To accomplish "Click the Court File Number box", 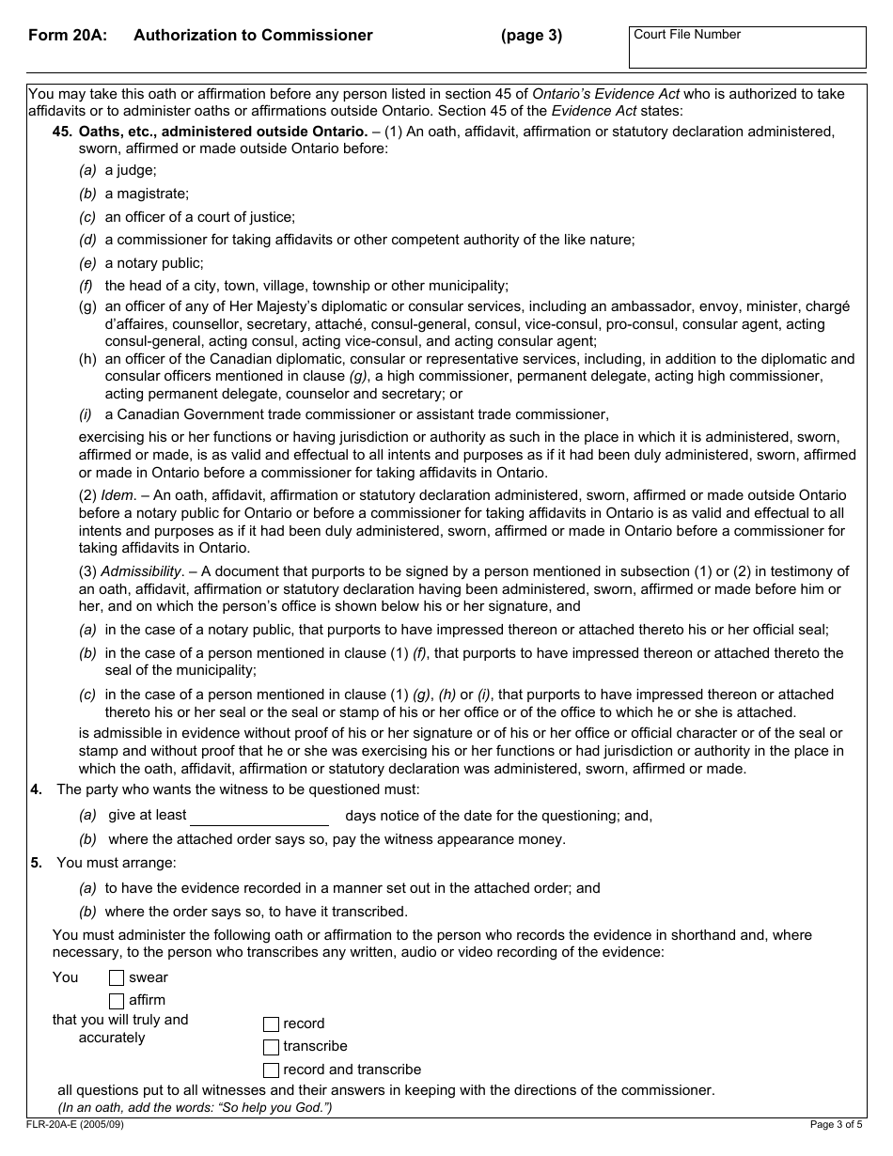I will click(747, 48).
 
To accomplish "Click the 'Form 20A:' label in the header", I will click(67, 36).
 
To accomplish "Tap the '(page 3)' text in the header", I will click(531, 36).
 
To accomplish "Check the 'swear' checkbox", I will click(117, 978).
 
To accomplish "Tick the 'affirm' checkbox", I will click(117, 1001).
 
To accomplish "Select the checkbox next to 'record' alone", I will click(271, 1024).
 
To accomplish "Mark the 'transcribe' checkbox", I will click(271, 1047).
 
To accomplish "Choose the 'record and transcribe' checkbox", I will click(271, 1070).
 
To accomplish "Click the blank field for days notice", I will click(259, 816).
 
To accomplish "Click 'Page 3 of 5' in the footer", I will click(836, 1124).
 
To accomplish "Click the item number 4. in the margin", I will click(36, 789).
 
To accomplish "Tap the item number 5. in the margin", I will click(36, 863).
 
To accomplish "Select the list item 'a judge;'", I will click(131, 171).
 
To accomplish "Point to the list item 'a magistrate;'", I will click(147, 194).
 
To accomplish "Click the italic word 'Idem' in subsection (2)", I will click(118, 495).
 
